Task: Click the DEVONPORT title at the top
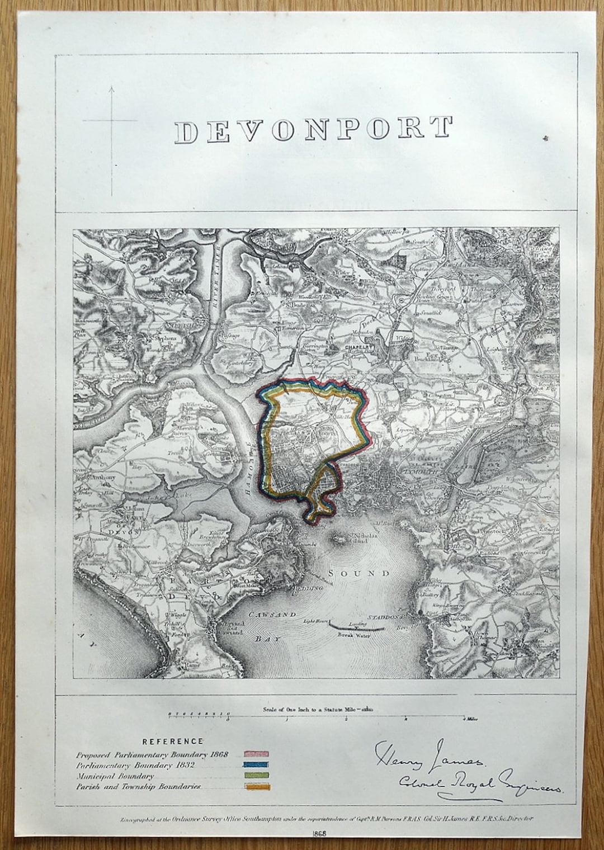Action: click(313, 129)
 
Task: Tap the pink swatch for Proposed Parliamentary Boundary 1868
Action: click(257, 754)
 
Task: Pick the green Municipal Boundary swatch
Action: click(257, 776)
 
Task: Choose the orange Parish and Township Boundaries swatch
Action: click(257, 787)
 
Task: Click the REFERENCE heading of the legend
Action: click(172, 742)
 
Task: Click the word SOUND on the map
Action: click(359, 573)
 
